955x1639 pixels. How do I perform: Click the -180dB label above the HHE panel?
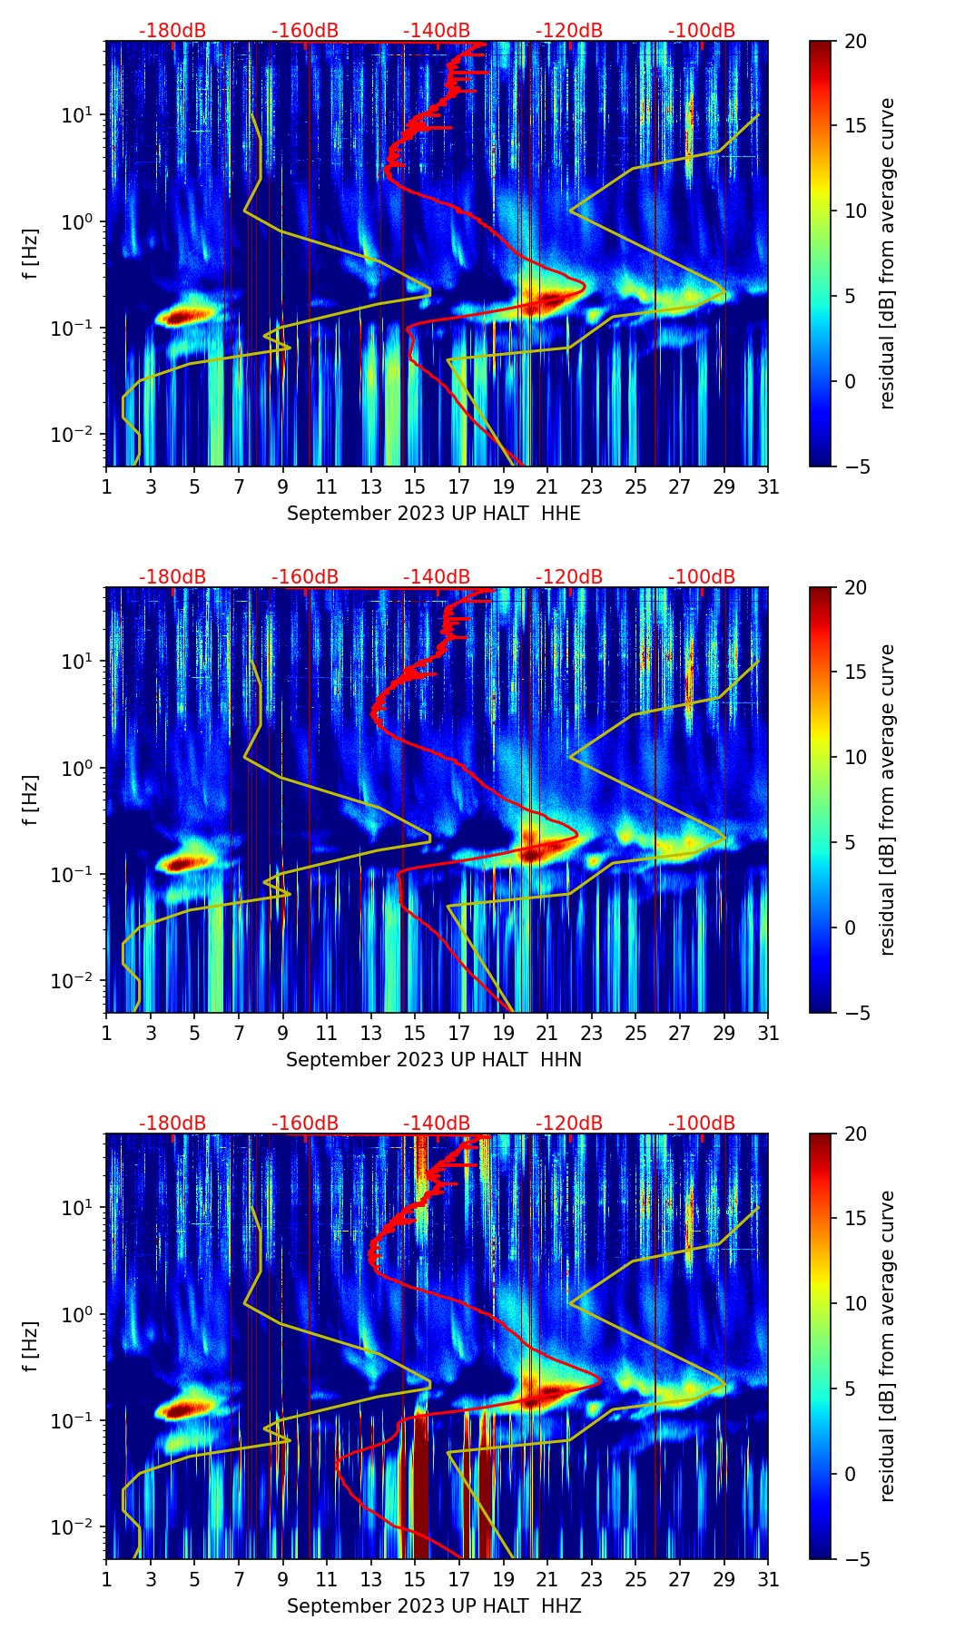point(172,31)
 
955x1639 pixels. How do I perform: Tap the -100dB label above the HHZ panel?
point(702,1124)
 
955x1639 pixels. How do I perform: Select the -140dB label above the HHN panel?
point(437,577)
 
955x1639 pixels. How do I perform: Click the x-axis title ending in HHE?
point(434,514)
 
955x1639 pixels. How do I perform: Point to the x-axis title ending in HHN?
point(434,1060)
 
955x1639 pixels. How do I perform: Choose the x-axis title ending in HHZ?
point(434,1606)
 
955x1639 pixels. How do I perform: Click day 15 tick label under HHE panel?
point(415,486)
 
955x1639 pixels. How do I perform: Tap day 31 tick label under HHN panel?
point(768,1033)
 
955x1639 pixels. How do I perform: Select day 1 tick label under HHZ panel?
point(107,1579)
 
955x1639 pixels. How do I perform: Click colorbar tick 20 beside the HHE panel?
point(856,42)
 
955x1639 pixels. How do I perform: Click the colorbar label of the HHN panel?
point(888,800)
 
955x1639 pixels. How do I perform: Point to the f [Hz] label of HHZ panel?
point(31,1346)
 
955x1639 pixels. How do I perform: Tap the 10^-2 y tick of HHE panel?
point(77,436)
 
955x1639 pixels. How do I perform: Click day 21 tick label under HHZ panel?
point(547,1579)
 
